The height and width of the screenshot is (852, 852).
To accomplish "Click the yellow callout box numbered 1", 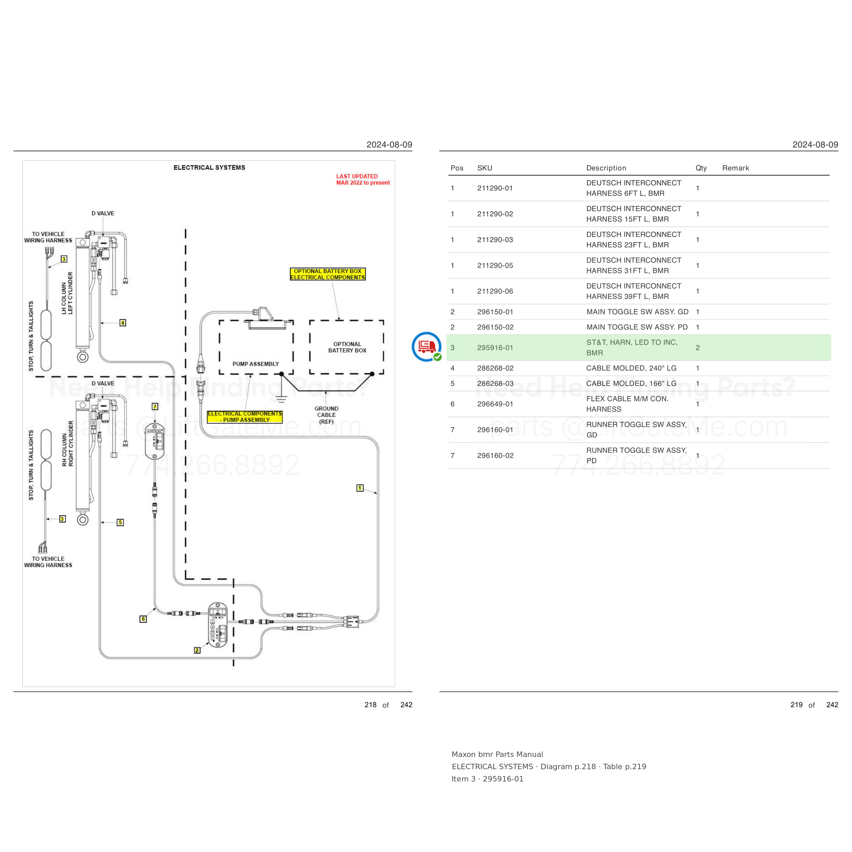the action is click(x=360, y=488).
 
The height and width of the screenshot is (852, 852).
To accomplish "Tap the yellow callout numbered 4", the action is click(x=123, y=323).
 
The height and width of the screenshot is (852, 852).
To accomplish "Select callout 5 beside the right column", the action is click(x=120, y=522).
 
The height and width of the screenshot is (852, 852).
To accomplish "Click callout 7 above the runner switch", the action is click(x=155, y=407).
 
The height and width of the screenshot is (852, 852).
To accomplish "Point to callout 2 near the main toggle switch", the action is click(x=197, y=650).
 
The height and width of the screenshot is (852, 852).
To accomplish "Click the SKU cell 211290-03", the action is click(x=495, y=240).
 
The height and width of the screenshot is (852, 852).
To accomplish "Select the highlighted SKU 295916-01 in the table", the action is click(x=495, y=348).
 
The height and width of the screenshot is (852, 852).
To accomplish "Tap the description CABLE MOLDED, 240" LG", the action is click(x=631, y=368).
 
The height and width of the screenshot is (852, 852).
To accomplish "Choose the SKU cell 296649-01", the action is click(x=495, y=404).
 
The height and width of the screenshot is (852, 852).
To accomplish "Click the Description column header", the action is click(x=606, y=168).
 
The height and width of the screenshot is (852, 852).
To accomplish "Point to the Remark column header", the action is click(x=735, y=168).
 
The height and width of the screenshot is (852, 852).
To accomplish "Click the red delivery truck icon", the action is click(x=426, y=347).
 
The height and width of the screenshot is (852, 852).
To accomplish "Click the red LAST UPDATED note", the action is click(x=363, y=180).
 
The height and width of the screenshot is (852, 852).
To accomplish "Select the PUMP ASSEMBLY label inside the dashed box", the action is click(x=256, y=364).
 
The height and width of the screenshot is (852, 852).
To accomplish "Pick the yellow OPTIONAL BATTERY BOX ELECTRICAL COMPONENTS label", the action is click(x=328, y=274).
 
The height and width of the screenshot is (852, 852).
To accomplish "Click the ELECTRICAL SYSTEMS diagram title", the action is click(x=210, y=168).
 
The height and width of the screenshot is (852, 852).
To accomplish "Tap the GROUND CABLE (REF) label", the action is click(x=326, y=415).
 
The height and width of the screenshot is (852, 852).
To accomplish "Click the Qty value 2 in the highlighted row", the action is click(x=698, y=348).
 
